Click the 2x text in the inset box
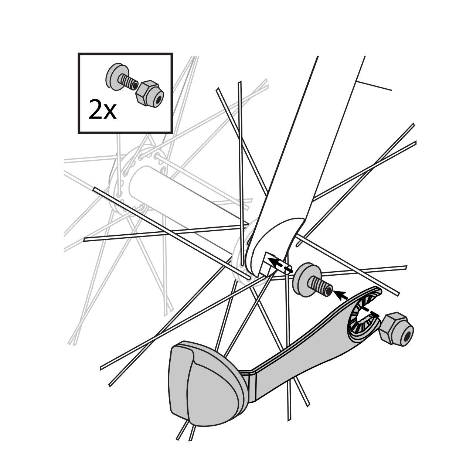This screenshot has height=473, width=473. click(x=102, y=110)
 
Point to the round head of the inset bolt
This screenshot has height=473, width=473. click(x=112, y=76)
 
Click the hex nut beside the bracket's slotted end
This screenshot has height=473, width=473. click(x=396, y=329)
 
